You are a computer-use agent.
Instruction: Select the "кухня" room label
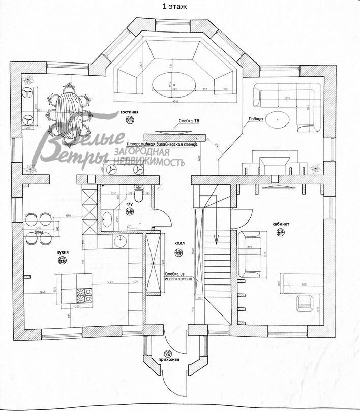64,252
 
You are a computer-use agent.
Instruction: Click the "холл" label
178,243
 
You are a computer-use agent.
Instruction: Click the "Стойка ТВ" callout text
189,122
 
